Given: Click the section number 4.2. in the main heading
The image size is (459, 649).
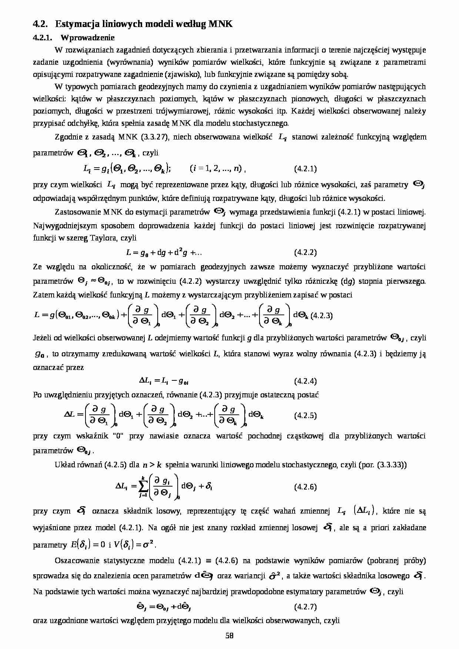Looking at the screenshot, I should (x=40, y=24).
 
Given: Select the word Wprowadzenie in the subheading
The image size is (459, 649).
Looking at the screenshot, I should (x=88, y=37).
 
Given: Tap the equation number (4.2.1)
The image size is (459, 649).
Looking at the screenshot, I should (x=305, y=169).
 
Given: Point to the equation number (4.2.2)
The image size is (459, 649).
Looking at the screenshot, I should (x=305, y=253).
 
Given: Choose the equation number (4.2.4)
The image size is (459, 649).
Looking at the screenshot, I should (x=305, y=381).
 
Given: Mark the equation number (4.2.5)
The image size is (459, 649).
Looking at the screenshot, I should (x=305, y=416).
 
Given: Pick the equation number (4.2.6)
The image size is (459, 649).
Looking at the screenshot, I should (x=305, y=487).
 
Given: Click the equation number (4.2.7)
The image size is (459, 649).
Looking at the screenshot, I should (x=305, y=607).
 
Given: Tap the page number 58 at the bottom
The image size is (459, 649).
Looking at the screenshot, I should (x=229, y=636).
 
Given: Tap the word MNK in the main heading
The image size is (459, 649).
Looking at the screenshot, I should (x=221, y=24).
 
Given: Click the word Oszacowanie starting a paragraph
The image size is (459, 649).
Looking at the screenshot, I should (x=77, y=561).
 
